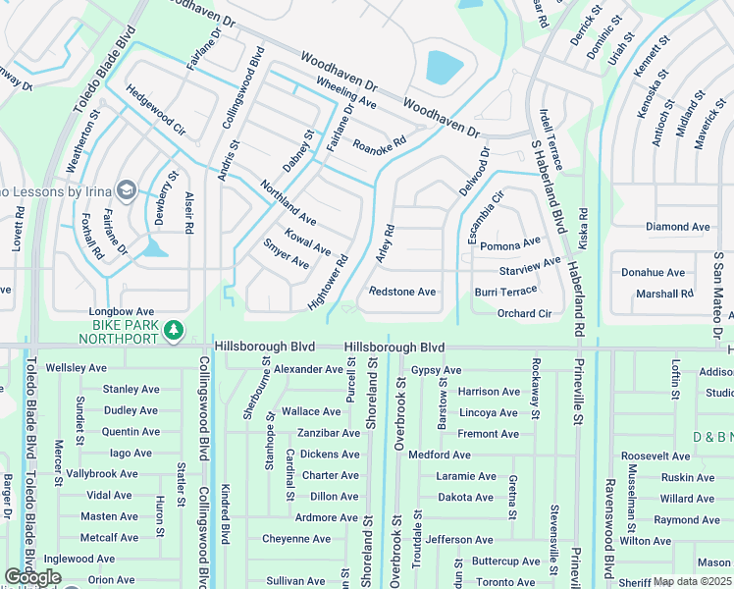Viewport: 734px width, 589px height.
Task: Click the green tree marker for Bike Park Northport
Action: pyautogui.click(x=174, y=330)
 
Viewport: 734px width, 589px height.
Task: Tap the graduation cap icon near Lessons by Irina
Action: pyautogui.click(x=127, y=188)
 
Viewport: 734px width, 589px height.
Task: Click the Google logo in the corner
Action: pyautogui.click(x=31, y=578)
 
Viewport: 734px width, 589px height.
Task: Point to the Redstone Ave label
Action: pyautogui.click(x=401, y=292)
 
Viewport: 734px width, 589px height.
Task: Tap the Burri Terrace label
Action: pyautogui.click(x=505, y=291)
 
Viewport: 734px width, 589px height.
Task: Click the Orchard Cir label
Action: pyautogui.click(x=524, y=313)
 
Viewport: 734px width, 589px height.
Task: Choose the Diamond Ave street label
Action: pyautogui.click(x=677, y=227)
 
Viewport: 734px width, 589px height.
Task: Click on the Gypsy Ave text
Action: pyautogui.click(x=436, y=370)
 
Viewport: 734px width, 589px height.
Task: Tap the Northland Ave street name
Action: pyautogui.click(x=288, y=201)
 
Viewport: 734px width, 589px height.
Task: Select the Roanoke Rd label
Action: pyautogui.click(x=379, y=144)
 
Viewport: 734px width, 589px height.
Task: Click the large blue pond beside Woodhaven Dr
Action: pyautogui.click(x=444, y=67)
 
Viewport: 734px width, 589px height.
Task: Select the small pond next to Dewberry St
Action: pyautogui.click(x=153, y=248)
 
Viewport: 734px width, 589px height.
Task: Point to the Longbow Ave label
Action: pyautogui.click(x=123, y=311)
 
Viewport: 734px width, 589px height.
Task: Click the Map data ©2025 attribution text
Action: pyautogui.click(x=692, y=581)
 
